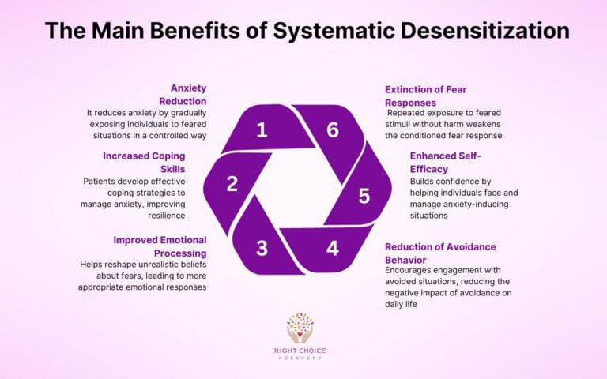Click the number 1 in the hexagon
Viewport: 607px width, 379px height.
click(262, 129)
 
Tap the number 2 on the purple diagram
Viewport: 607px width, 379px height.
click(232, 184)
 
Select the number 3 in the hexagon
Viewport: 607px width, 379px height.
click(262, 247)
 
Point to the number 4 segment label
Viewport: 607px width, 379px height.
click(333, 247)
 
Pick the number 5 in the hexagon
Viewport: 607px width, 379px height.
click(364, 195)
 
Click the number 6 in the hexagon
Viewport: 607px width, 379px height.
click(333, 129)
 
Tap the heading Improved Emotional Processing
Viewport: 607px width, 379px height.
click(159, 246)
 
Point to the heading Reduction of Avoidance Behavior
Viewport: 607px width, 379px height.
click(441, 253)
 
